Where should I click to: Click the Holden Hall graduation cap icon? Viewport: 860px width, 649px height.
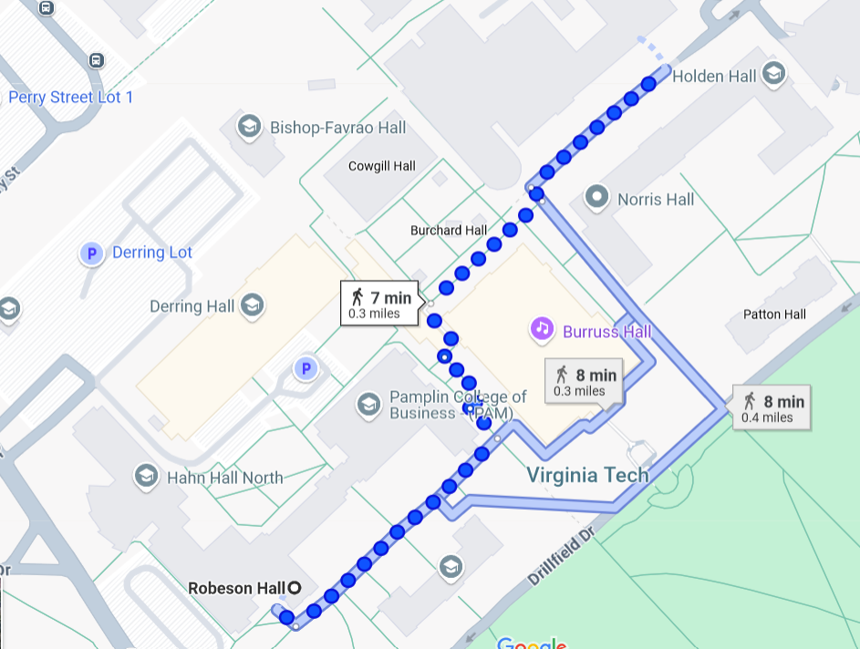point(773,75)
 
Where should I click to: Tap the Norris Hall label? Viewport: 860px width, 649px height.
point(656,200)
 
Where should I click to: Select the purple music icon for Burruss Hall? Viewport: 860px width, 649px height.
point(542,328)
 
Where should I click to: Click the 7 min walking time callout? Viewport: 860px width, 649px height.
point(381,303)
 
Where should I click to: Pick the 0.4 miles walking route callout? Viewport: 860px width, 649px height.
point(772,407)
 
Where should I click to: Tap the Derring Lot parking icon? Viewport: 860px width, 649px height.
point(91,252)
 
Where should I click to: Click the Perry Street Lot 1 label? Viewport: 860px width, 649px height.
point(71,97)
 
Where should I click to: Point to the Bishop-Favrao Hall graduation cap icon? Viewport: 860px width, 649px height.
point(248,127)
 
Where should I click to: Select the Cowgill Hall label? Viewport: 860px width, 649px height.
point(382,166)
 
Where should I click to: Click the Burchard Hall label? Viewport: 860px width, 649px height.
point(449,231)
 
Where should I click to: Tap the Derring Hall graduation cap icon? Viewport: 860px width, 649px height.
point(251,306)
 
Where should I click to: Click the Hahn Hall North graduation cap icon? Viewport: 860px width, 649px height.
point(145,476)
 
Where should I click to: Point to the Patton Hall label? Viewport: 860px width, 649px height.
point(774,314)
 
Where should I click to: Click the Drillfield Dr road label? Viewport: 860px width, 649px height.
point(561,554)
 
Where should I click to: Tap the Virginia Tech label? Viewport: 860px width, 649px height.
point(588,475)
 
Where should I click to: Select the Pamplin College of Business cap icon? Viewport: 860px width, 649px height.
point(369,405)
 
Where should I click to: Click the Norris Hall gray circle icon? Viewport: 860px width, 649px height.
point(597,196)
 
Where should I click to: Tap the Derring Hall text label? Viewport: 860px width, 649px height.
point(192,306)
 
